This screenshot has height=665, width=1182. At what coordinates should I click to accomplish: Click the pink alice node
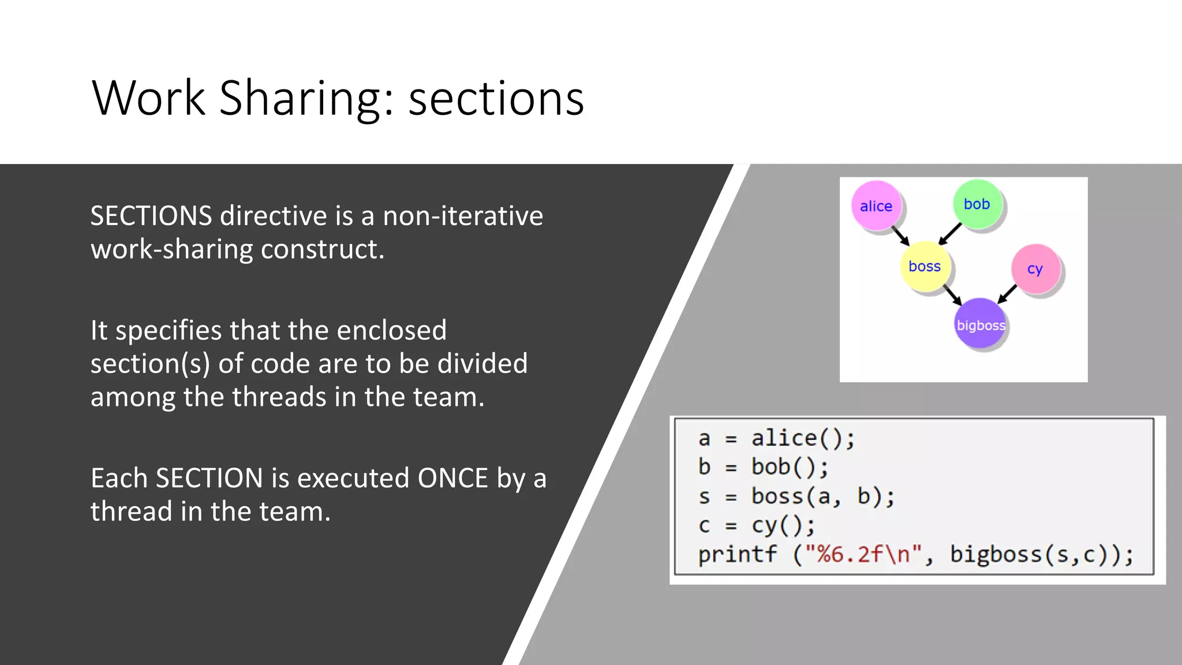pyautogui.click(x=876, y=206)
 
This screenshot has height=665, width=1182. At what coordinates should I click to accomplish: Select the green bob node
pyautogui.click(x=977, y=204)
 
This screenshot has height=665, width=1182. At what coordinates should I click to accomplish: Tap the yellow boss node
pyautogui.click(x=925, y=266)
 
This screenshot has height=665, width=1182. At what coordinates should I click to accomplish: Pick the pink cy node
pyautogui.click(x=1035, y=268)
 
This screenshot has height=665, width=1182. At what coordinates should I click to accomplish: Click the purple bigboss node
pyautogui.click(x=980, y=324)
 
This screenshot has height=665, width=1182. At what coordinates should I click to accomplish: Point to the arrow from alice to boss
pyautogui.click(x=900, y=236)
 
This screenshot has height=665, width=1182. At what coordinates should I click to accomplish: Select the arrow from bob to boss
pyautogui.click(x=950, y=233)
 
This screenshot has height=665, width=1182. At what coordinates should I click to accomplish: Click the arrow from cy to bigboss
pyautogui.click(x=1007, y=293)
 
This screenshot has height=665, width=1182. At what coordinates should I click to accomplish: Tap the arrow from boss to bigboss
pyautogui.click(x=952, y=294)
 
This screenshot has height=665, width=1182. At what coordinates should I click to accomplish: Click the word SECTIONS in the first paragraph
pyautogui.click(x=151, y=216)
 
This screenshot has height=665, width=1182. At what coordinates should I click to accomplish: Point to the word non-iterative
pyautogui.click(x=463, y=216)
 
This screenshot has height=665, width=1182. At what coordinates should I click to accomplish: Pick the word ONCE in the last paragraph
pyautogui.click(x=452, y=478)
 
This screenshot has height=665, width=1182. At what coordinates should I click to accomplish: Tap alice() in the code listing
pyautogui.click(x=802, y=439)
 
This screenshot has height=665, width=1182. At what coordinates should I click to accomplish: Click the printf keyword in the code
pyautogui.click(x=737, y=555)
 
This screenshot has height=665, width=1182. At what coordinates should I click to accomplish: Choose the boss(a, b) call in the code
pyautogui.click(x=822, y=496)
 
